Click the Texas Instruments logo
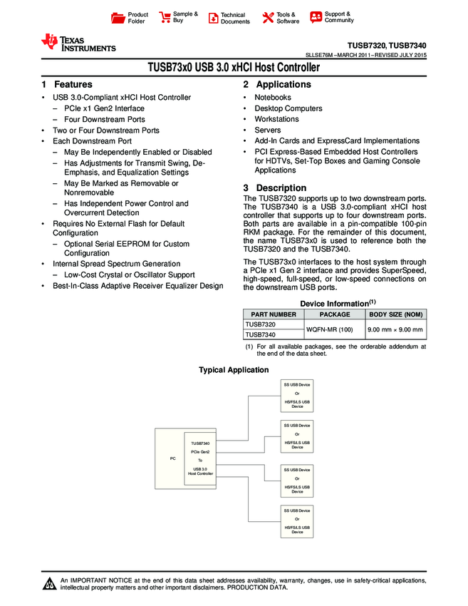click(x=78, y=43)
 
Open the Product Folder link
click(x=137, y=18)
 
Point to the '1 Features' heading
click(x=66, y=85)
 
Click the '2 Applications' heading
click(x=277, y=85)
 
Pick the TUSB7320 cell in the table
click(x=261, y=324)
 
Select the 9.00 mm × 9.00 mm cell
click(x=395, y=329)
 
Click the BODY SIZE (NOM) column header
click(x=395, y=314)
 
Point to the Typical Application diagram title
click(x=234, y=370)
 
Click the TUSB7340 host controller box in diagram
click(x=200, y=458)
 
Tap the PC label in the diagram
click(x=172, y=458)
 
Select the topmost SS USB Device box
click(x=297, y=396)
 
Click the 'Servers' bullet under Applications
click(x=268, y=130)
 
